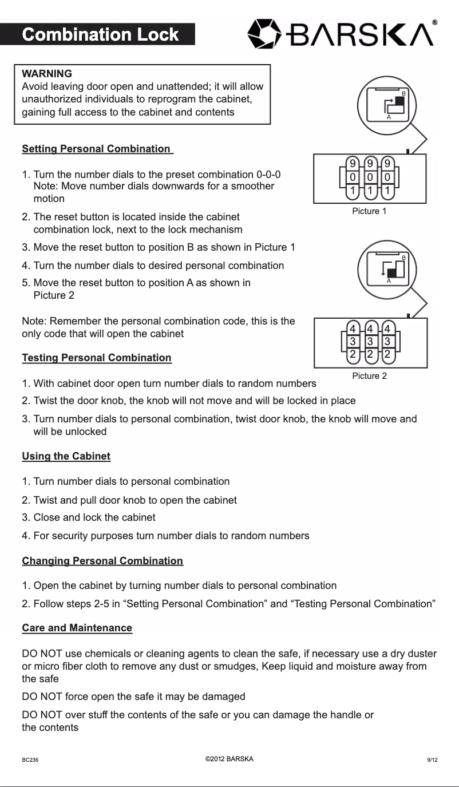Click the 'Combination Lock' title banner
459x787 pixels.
[x=100, y=35]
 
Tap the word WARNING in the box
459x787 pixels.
[x=46, y=74]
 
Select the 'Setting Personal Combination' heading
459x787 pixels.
[x=96, y=149]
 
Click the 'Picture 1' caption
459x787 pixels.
[x=369, y=211]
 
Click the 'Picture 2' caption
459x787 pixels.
[x=369, y=376]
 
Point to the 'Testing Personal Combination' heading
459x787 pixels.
[x=96, y=358]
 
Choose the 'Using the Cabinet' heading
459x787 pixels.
[x=66, y=456]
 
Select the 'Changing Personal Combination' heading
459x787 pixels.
[x=102, y=561]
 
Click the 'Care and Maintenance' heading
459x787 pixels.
[x=77, y=628]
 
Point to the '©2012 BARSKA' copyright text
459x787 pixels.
[x=229, y=760]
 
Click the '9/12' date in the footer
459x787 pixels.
[x=432, y=760]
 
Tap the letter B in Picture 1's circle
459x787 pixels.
[x=403, y=93]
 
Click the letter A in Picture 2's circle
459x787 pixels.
[x=389, y=282]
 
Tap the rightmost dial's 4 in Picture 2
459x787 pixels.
[x=387, y=329]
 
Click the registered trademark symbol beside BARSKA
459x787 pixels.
[x=435, y=22]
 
